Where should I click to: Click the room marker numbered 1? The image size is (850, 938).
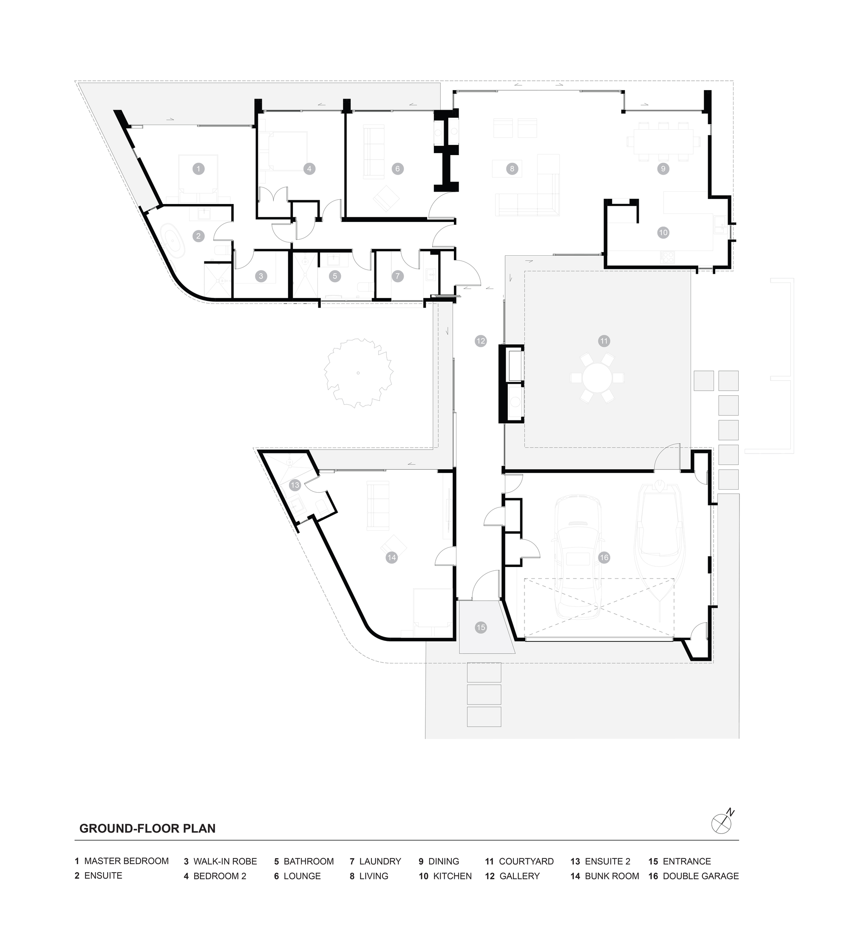click(198, 168)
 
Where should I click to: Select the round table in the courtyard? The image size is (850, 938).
click(597, 378)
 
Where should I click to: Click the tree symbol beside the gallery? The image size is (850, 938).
click(358, 373)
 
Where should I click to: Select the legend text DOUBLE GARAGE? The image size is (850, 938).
click(700, 876)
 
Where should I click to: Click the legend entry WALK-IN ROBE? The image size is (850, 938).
click(225, 861)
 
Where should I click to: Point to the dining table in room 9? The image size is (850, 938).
click(663, 141)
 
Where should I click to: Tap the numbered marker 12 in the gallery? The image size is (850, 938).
click(481, 341)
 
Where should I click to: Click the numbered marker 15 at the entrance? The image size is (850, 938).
click(481, 627)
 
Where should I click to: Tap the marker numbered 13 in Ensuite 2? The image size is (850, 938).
click(295, 485)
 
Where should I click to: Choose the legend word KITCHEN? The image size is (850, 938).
click(452, 876)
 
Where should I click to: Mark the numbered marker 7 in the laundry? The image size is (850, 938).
click(397, 276)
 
